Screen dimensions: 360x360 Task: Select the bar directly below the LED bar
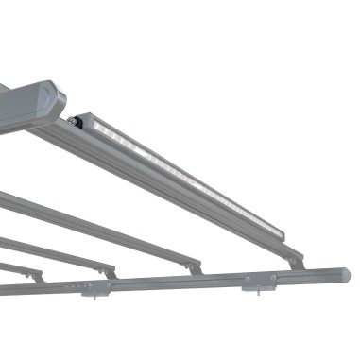104,227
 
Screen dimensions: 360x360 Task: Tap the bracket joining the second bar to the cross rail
196,270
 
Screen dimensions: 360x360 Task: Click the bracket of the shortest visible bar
38,277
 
